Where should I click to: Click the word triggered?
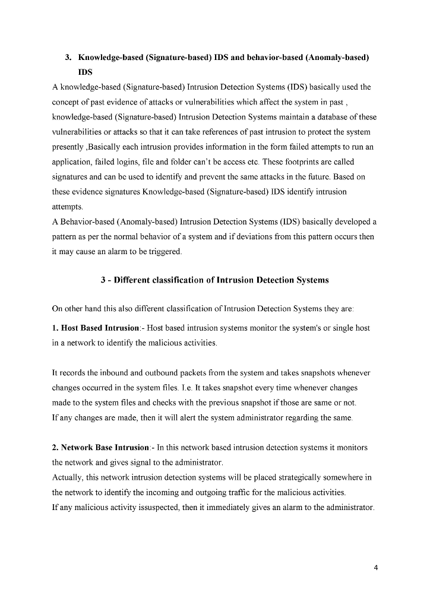pyautogui.click(x=163, y=252)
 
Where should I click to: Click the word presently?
pyautogui.click(x=68, y=147)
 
